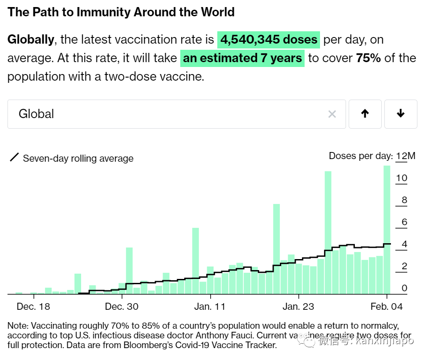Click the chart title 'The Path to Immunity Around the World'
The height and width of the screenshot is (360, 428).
tap(121, 12)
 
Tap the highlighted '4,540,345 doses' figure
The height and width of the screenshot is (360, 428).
tap(268, 40)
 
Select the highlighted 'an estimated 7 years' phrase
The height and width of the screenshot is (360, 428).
tap(242, 58)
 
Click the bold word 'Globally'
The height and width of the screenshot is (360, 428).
tap(31, 40)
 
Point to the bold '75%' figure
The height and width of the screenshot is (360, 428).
tap(368, 58)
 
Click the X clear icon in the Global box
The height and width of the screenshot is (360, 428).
tap(332, 115)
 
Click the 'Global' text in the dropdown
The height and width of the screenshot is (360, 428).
tap(36, 114)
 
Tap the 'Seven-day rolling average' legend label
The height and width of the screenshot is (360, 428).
tap(78, 159)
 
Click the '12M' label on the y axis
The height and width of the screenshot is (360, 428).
tap(406, 156)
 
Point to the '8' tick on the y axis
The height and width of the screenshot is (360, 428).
tap(404, 200)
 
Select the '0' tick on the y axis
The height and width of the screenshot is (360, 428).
tap(404, 289)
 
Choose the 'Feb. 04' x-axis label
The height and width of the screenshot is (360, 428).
tap(387, 307)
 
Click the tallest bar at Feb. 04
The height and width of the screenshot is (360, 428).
tap(387, 229)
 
